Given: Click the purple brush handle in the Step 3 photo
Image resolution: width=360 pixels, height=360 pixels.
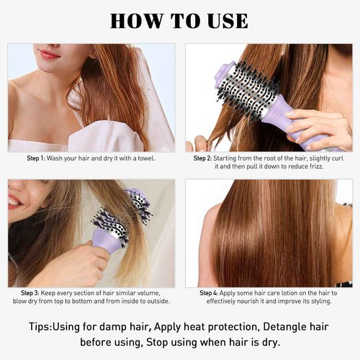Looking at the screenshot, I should coord(108,240).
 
